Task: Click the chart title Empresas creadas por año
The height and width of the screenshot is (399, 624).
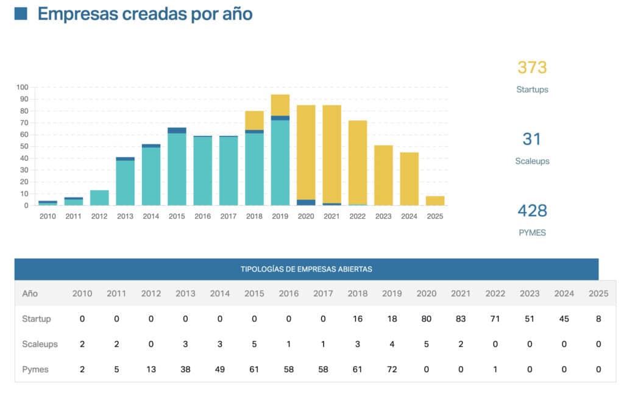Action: coord(145,14)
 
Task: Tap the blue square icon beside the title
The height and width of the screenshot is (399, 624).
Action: coord(21,13)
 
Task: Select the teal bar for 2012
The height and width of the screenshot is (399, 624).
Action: coord(99,198)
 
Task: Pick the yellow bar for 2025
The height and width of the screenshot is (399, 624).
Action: coord(435,200)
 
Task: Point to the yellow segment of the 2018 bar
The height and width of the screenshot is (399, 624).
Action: coord(254,120)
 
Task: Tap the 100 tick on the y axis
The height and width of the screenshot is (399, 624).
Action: coord(23,87)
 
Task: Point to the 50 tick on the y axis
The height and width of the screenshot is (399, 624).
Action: coord(24,146)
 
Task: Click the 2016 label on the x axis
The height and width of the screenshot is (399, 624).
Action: coord(203,216)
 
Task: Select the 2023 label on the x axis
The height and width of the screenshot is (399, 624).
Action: coord(383,216)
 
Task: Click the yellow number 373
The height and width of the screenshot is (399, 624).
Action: coord(532,68)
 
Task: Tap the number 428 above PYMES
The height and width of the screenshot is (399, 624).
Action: coord(532,211)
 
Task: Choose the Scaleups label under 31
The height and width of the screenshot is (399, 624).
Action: coord(532,161)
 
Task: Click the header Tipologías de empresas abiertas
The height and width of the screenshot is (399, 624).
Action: coord(306,269)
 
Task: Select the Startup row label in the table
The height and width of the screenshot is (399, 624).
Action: coord(37,319)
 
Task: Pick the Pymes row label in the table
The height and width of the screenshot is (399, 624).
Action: coord(35,369)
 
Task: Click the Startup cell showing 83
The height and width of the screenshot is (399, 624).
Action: coord(461,319)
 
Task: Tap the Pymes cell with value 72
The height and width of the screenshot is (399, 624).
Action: coord(392,369)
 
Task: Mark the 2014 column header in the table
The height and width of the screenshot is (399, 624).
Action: coord(220,293)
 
